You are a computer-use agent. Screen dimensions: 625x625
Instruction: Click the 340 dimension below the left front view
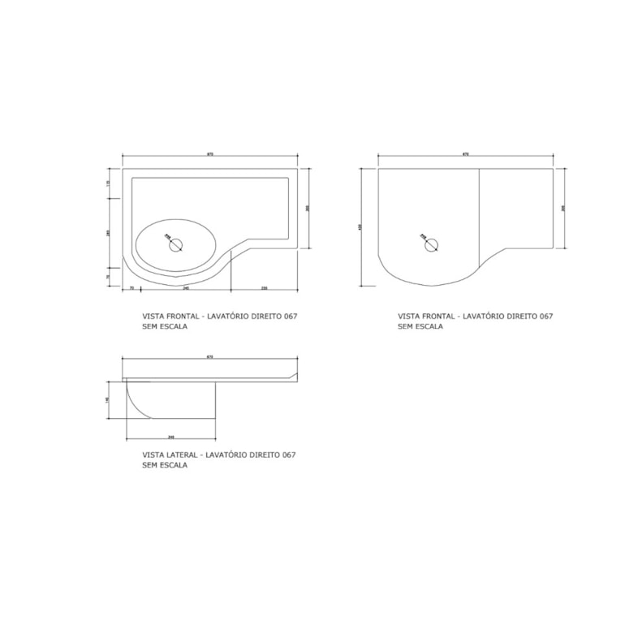pyautogui.click(x=186, y=288)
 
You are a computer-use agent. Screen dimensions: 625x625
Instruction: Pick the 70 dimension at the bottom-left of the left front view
pyautogui.click(x=131, y=288)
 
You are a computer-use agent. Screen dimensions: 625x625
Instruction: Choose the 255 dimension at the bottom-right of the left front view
pyautogui.click(x=265, y=288)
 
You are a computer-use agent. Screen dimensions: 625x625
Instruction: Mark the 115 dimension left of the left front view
pyautogui.click(x=108, y=183)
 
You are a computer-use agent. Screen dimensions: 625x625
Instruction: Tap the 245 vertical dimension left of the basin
pyautogui.click(x=108, y=233)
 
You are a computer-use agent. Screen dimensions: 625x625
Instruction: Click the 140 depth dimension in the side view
pyautogui.click(x=108, y=400)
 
